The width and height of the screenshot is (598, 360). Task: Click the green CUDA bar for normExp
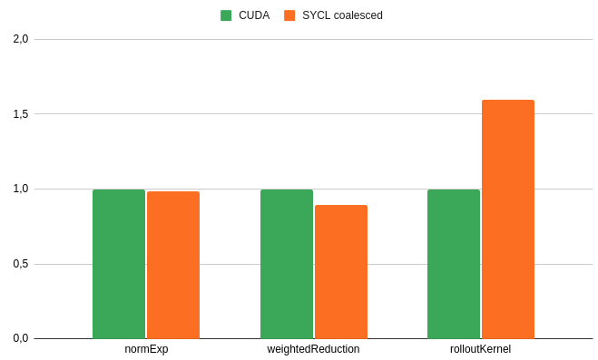click(119, 264)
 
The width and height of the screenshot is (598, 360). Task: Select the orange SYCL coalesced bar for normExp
click(173, 265)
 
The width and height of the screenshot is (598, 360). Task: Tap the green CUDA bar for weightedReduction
click(287, 264)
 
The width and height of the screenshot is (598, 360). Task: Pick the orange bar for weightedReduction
click(341, 272)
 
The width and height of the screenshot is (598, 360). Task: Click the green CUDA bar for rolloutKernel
click(454, 264)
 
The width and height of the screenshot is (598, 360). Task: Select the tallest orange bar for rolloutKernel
click(508, 219)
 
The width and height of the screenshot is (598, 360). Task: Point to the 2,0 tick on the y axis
click(21, 39)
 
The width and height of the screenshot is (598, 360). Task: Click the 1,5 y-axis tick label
click(21, 114)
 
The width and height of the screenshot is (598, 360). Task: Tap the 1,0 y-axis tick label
click(21, 189)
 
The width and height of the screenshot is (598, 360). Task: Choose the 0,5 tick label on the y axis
click(21, 264)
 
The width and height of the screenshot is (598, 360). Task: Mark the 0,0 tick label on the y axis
click(21, 338)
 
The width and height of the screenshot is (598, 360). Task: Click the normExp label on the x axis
click(146, 349)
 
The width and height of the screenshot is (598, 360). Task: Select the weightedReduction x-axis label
click(313, 349)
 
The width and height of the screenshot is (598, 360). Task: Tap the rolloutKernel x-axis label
click(480, 349)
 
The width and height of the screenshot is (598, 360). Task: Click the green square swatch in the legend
click(227, 15)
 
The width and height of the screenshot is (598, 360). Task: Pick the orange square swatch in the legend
click(290, 15)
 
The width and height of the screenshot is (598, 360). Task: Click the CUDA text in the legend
click(254, 15)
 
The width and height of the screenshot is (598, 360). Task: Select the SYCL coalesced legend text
click(342, 15)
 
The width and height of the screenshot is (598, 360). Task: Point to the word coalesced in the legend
click(358, 15)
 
